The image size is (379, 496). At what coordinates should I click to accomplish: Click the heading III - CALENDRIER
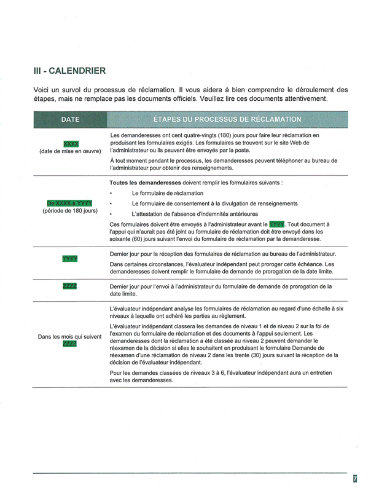click(x=69, y=71)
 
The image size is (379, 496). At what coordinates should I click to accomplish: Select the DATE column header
click(x=70, y=119)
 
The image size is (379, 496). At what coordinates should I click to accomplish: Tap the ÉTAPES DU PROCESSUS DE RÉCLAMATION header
click(x=227, y=119)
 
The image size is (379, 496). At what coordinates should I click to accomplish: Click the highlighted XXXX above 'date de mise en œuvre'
click(x=71, y=143)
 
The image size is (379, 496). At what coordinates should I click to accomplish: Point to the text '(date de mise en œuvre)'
click(x=70, y=151)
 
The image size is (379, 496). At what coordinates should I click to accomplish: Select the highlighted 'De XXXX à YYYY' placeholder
click(x=69, y=203)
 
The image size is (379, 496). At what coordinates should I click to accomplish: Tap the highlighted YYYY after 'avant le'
click(x=276, y=224)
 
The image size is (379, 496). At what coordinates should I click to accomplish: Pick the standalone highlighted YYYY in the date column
click(x=70, y=259)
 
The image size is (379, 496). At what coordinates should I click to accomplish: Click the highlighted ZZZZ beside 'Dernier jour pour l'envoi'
click(x=70, y=286)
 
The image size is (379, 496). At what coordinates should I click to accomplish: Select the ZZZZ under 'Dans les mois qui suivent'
click(x=70, y=344)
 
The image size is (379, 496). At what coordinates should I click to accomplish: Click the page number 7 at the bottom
click(x=355, y=479)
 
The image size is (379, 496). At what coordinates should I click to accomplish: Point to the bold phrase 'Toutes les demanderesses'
click(x=145, y=183)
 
